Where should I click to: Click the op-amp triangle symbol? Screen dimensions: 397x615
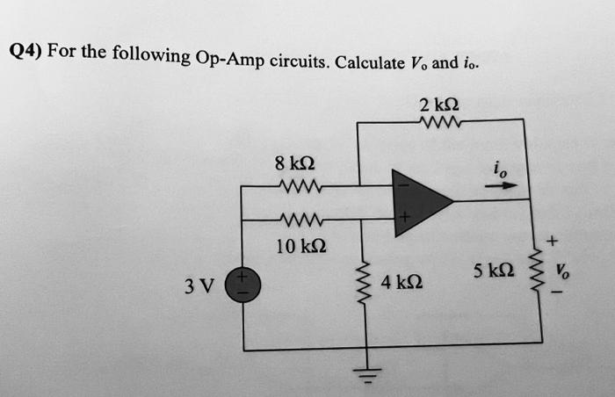coord(419,200)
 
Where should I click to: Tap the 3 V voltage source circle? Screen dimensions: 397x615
coord(243,286)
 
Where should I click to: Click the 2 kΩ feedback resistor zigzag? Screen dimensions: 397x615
coord(439,122)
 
